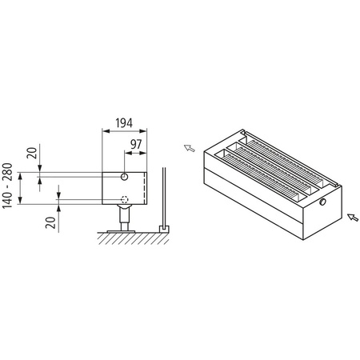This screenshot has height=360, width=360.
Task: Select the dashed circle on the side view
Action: point(123,199)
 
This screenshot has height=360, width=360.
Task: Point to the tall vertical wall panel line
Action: point(162,196)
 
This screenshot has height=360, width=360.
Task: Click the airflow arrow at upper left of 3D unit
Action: point(190,147)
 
